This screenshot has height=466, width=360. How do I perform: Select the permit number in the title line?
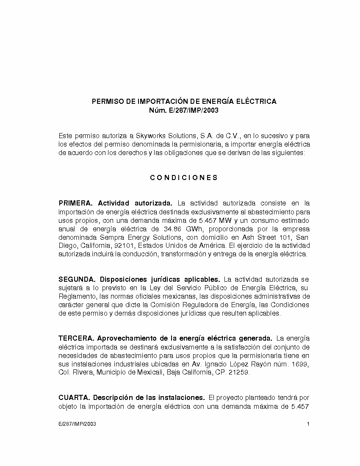[x=194, y=111]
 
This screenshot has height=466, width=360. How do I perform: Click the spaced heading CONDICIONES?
[x=184, y=178]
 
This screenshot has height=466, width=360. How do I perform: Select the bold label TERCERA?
[x=76, y=338]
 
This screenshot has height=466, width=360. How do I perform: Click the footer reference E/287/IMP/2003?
[x=78, y=424]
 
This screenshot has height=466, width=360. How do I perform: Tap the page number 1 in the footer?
[x=308, y=424]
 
